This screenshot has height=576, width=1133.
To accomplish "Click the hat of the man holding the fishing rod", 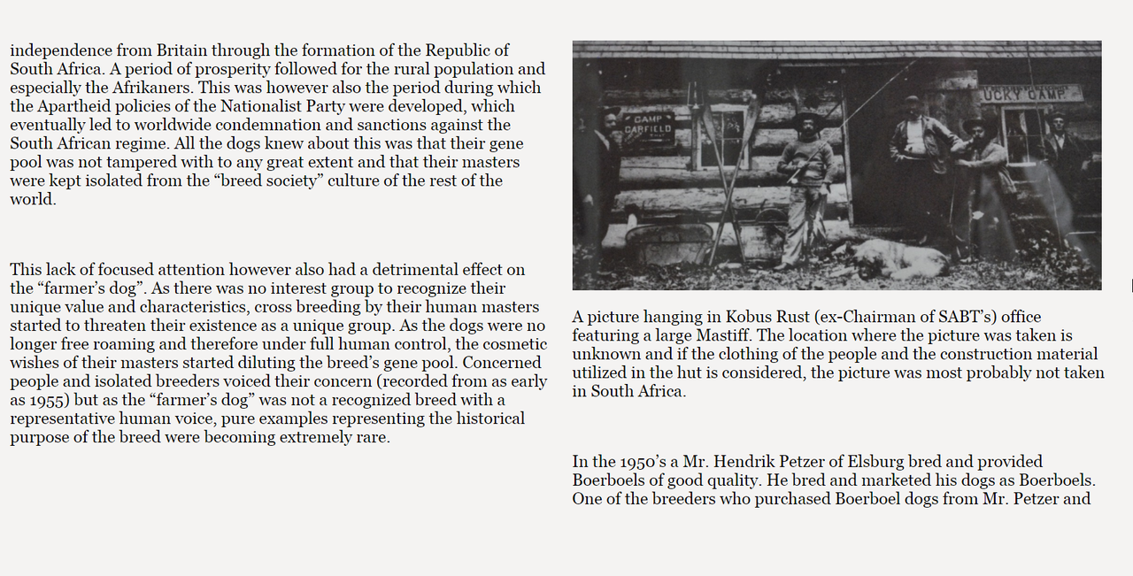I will coord(807,119).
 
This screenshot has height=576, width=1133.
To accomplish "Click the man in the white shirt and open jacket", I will coord(921,150).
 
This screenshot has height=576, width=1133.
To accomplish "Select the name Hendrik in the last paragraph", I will coord(751,461).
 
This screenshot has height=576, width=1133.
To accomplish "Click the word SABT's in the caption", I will coord(969,317).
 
